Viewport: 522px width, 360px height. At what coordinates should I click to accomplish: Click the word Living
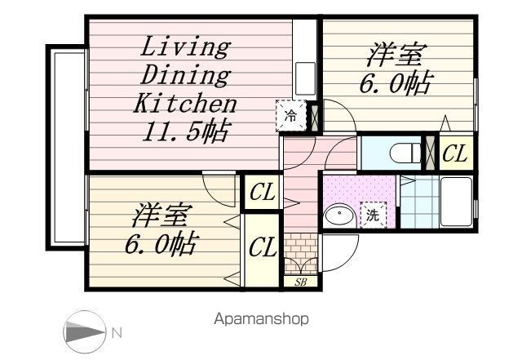click(186, 47)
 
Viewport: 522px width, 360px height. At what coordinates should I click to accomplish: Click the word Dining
click(185, 76)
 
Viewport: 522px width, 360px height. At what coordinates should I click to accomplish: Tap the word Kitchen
click(185, 103)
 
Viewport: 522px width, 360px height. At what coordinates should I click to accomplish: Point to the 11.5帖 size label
click(185, 131)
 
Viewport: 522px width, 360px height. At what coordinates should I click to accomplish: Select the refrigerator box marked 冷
click(291, 116)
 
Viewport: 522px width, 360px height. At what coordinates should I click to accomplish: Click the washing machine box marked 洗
click(374, 215)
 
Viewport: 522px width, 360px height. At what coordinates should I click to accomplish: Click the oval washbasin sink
click(339, 216)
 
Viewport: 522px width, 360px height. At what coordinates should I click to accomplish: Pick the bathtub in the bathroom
click(456, 202)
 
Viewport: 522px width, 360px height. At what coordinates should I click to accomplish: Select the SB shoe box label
click(300, 282)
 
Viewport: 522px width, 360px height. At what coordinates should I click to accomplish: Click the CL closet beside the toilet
click(456, 153)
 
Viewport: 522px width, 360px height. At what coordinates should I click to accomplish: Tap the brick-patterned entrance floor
click(301, 253)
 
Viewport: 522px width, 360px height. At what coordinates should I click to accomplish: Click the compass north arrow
click(86, 332)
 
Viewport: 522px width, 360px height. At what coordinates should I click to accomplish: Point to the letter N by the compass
click(117, 333)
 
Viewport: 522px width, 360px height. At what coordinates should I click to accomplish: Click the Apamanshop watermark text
click(261, 319)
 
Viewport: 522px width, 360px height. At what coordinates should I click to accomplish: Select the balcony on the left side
click(67, 147)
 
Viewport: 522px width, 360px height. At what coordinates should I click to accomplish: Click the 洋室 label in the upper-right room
click(396, 55)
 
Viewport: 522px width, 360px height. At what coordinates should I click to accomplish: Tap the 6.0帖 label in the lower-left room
click(162, 244)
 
